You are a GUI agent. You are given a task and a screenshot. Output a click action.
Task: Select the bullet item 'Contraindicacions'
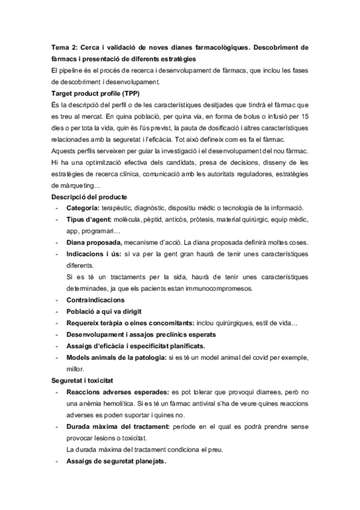tap(96, 300)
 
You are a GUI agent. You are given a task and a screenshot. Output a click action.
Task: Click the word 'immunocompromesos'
tap(213, 288)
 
